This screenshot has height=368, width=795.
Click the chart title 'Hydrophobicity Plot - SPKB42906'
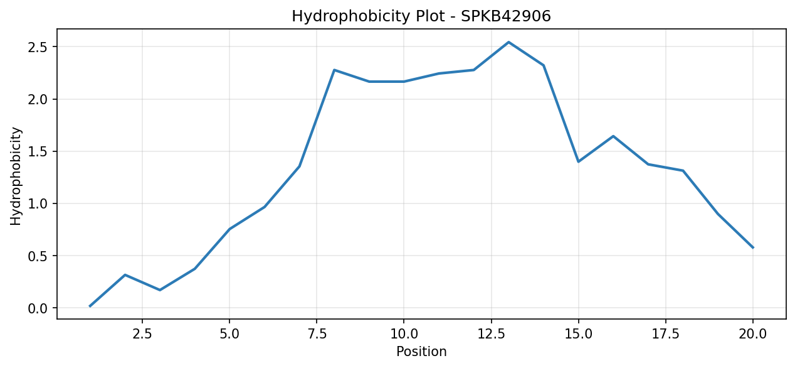[421, 16]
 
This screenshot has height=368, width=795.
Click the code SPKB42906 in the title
[506, 16]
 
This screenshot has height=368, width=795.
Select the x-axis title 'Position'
[421, 352]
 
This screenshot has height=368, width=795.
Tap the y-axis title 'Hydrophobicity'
[16, 176]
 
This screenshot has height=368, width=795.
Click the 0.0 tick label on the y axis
[38, 308]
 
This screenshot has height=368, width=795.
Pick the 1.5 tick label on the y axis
[38, 151]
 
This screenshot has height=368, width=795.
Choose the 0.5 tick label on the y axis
[38, 256]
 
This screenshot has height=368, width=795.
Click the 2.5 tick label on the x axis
[142, 334]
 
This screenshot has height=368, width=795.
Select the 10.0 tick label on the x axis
[404, 334]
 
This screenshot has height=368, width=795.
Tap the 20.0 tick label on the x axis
[752, 334]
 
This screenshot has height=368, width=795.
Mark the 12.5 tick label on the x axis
[491, 334]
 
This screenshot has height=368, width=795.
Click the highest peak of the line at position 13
[508, 42]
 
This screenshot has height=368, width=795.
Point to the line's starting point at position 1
[90, 306]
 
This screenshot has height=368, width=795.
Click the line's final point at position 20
[753, 248]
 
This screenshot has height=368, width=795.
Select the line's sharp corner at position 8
[334, 70]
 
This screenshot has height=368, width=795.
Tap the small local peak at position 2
[125, 275]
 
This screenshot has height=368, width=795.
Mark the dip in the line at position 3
[160, 290]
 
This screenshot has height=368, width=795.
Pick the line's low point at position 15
[579, 162]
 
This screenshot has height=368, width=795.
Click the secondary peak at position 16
[613, 136]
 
